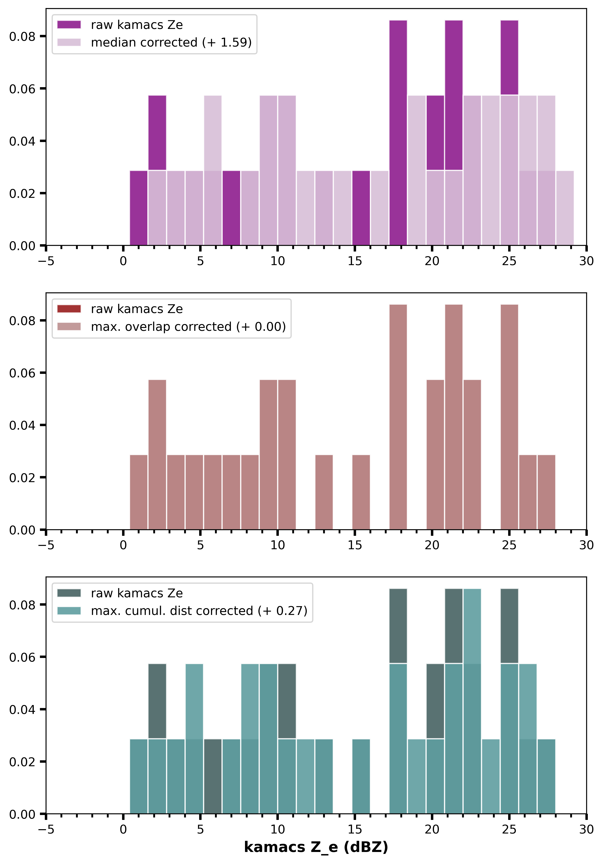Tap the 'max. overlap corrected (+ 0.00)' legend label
pos(188,327)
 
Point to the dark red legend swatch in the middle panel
pos(69,309)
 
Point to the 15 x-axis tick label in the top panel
pos(355,261)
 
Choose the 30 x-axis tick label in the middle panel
pos(586,545)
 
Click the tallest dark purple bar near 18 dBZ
pos(398,132)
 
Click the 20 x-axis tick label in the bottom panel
pos(432,829)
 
